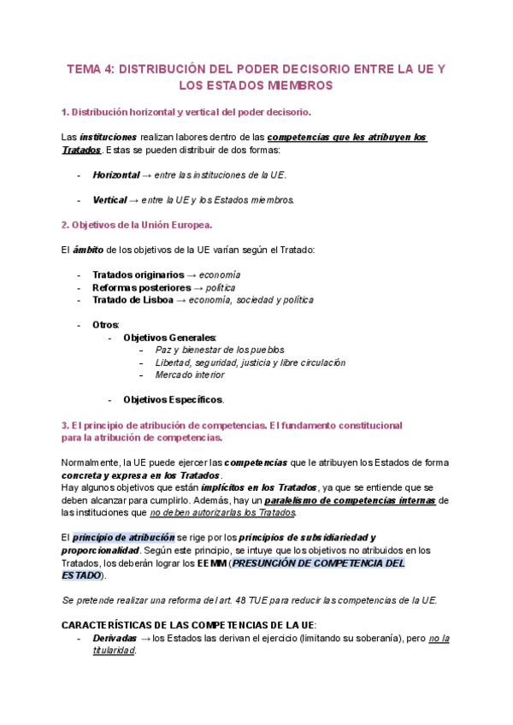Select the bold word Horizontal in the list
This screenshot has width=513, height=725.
point(115,174)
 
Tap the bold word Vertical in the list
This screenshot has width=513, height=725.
point(110,200)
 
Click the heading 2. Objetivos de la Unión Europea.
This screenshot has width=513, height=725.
point(137,225)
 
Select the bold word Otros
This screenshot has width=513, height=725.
point(106,325)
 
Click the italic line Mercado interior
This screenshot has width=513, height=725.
point(190,374)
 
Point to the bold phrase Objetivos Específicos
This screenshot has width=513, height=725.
point(173,399)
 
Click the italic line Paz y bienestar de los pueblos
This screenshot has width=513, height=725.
point(220,350)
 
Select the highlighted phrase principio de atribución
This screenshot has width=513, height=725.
point(123,537)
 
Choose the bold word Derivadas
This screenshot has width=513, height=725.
point(115,638)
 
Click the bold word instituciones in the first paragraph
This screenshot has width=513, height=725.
point(108,137)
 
